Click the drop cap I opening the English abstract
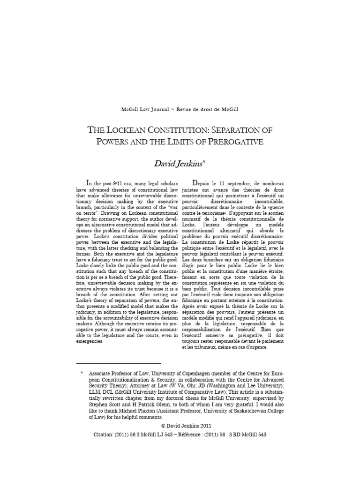tap(88, 182)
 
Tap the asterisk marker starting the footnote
tap(82, 373)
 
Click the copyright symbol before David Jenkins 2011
tap(162, 426)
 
